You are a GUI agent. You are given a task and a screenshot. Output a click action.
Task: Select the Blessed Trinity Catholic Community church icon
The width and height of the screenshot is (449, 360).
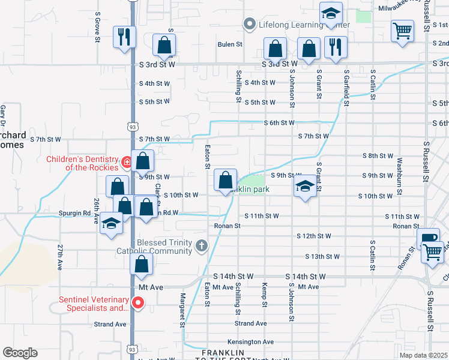pos(202,245)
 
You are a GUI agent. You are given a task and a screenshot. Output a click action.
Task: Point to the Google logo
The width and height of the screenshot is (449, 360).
pos(20,353)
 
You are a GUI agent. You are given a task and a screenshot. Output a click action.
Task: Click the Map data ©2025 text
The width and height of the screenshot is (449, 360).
pos(423,355)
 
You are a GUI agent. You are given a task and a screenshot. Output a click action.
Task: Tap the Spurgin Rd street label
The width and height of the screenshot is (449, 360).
pos(74,213)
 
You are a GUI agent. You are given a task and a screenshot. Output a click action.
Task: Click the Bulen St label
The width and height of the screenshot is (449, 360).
pos(230,44)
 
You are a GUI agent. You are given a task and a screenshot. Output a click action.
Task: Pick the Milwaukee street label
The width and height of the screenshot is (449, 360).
pos(399,8)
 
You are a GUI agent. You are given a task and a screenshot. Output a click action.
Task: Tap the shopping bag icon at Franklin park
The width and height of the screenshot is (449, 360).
pos(225,180)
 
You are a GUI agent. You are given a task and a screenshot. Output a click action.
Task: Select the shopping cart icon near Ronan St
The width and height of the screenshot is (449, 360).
pos(432,251)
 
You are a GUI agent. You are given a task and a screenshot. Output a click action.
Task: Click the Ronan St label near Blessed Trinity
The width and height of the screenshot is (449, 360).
pos(228,226)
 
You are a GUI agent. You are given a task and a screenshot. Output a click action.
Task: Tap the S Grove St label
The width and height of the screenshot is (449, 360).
pos(97,26)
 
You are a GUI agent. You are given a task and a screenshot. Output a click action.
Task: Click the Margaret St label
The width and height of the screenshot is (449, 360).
pos(181,309)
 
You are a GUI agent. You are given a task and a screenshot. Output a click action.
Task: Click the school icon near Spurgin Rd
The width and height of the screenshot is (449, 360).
pos(111,223)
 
